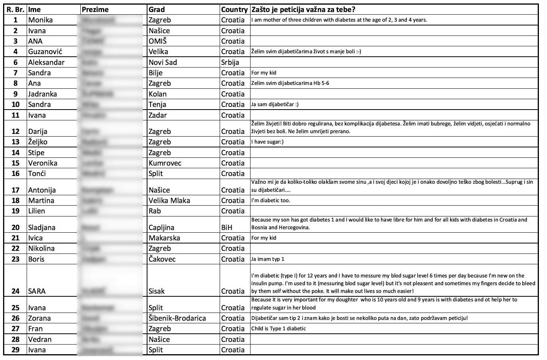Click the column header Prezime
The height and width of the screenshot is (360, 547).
(x=95, y=10)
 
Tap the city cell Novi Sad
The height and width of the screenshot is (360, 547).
(x=163, y=62)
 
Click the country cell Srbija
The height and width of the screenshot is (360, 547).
(x=230, y=62)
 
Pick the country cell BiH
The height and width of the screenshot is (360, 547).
(x=227, y=227)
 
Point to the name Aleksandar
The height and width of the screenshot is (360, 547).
(x=46, y=62)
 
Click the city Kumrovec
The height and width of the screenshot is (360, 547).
(x=165, y=163)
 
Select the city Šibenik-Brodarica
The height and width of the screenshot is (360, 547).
(x=177, y=318)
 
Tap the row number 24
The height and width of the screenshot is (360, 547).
(x=15, y=291)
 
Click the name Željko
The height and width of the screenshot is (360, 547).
(x=37, y=142)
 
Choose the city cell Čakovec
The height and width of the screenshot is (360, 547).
(x=162, y=259)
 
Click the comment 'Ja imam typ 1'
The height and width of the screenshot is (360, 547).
(x=268, y=259)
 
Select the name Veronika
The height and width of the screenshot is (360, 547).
(x=42, y=163)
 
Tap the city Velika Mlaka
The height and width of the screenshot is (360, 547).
(x=169, y=200)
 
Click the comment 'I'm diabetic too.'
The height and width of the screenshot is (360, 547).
(x=270, y=200)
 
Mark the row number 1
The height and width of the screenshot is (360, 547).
(x=15, y=20)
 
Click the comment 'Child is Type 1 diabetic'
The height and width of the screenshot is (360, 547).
(x=278, y=328)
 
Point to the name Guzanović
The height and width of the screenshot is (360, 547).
(x=45, y=52)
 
